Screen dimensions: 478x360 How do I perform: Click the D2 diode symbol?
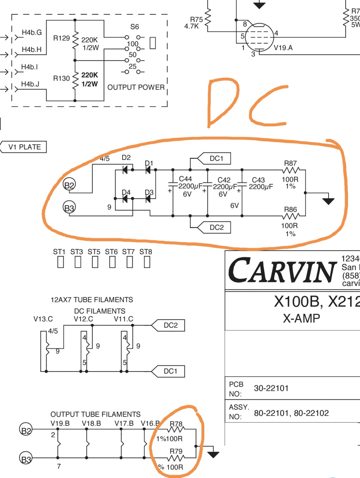125,170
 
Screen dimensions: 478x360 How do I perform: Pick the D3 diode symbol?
148,199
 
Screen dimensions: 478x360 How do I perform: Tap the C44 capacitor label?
185,179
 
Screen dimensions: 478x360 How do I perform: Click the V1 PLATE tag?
24,147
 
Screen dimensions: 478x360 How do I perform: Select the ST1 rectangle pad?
61,262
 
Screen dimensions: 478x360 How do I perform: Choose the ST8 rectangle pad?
147,262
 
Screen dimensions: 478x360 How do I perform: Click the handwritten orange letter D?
222,102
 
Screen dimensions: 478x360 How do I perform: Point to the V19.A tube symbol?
259,37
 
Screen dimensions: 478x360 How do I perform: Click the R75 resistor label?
196,20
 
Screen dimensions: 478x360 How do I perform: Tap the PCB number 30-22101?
271,388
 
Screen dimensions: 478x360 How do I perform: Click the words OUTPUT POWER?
136,87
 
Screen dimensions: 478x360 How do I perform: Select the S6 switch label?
134,27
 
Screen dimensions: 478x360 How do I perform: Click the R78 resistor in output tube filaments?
176,429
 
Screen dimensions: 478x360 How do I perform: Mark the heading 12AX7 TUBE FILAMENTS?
92,300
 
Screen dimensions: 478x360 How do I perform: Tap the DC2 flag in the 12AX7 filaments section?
170,325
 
